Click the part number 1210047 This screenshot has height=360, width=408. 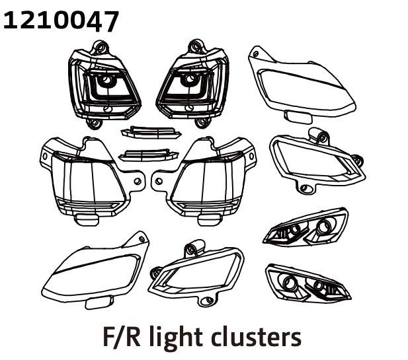[x=61, y=20]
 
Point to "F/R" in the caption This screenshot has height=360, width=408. [x=122, y=337]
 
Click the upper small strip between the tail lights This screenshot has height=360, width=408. [x=151, y=132]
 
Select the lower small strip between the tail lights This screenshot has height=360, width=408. [x=148, y=155]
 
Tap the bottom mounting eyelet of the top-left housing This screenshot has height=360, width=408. [x=93, y=123]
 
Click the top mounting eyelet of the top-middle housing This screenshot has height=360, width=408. [x=196, y=46]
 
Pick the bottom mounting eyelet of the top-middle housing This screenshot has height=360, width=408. [x=202, y=122]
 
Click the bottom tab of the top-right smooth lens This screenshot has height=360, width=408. [x=298, y=117]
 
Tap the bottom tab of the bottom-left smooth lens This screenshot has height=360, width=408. [x=99, y=303]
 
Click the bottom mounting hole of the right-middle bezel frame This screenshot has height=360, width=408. [x=304, y=188]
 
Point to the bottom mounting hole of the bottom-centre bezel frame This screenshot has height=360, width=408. [x=208, y=300]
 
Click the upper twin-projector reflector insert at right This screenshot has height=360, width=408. [x=306, y=227]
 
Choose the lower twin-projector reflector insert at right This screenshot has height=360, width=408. [x=308, y=283]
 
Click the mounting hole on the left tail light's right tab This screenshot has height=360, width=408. [x=138, y=181]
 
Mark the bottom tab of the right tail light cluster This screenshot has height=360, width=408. [x=209, y=220]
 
